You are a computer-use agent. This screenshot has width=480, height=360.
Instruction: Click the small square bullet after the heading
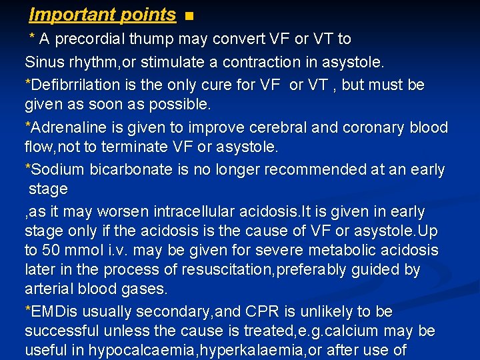click(x=189, y=16)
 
